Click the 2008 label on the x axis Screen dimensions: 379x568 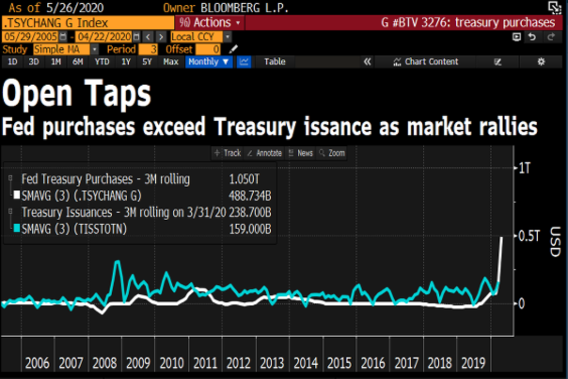pyautogui.click(x=105, y=363)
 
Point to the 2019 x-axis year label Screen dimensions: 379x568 pyautogui.click(x=473, y=363)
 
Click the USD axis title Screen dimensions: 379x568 pyautogui.click(x=554, y=242)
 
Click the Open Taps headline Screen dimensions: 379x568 pyautogui.click(x=77, y=94)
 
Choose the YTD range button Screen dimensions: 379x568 pyautogui.click(x=102, y=62)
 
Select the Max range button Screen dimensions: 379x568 pyautogui.click(x=170, y=62)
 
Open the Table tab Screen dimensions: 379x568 pyautogui.click(x=275, y=62)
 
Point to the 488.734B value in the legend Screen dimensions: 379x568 pyautogui.click(x=249, y=196)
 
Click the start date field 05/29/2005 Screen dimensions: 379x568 pyautogui.click(x=30, y=36)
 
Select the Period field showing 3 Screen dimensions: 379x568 pyautogui.click(x=148, y=49)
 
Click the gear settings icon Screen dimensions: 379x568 pyautogui.click(x=541, y=62)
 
